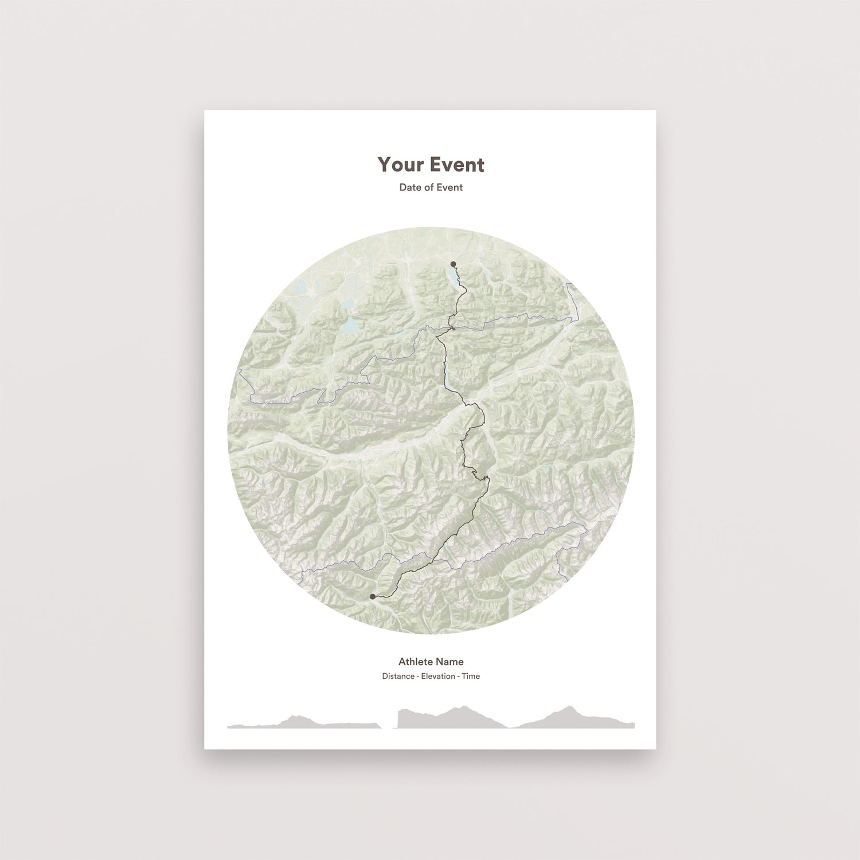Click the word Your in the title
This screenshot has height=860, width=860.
pyautogui.click(x=401, y=165)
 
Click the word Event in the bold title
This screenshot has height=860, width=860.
pyautogui.click(x=458, y=165)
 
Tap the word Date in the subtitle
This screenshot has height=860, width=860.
pyautogui.click(x=410, y=187)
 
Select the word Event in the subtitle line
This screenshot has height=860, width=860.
pyautogui.click(x=450, y=187)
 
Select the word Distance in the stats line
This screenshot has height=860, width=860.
pyautogui.click(x=398, y=677)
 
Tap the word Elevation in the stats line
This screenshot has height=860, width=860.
pyautogui.click(x=438, y=677)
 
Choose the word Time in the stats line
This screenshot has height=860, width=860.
pyautogui.click(x=471, y=677)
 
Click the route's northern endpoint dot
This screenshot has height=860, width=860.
pyautogui.click(x=454, y=264)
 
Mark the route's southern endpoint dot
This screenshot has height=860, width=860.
pyautogui.click(x=373, y=596)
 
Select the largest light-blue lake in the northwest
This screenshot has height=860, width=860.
pyautogui.click(x=350, y=327)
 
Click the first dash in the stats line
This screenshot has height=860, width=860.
pyautogui.click(x=418, y=677)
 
